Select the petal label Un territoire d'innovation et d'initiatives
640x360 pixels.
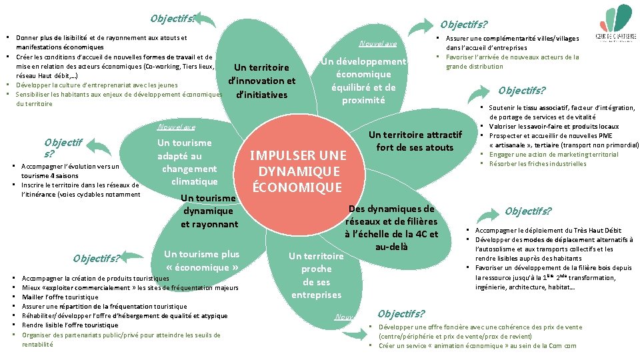261,81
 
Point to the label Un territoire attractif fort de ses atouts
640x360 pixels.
415,141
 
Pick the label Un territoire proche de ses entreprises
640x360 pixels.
316,275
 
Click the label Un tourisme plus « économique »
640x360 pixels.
201,260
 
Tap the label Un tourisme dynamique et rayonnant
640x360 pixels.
209,211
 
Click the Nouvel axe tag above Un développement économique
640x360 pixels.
377,44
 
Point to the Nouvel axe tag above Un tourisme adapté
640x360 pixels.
176,127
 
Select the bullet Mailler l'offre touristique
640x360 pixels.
60,297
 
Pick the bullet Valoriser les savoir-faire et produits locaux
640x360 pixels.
553,127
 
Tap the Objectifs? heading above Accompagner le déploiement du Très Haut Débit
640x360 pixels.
528,211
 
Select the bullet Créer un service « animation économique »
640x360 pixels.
477,346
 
